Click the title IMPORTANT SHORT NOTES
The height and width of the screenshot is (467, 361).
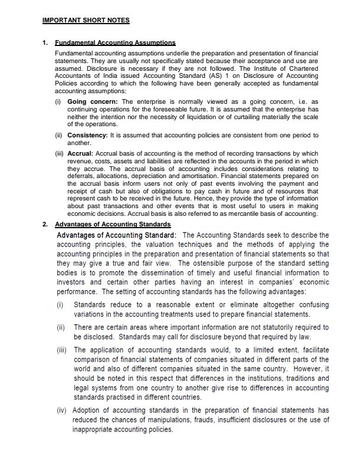(86, 21)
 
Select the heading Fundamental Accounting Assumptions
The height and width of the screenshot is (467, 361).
(115, 43)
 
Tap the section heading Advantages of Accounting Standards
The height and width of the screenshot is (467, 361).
(113, 225)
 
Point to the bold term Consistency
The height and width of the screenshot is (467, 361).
(89, 135)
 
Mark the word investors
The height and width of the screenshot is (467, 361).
(72, 282)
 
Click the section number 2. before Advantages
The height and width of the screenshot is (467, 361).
(45, 225)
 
